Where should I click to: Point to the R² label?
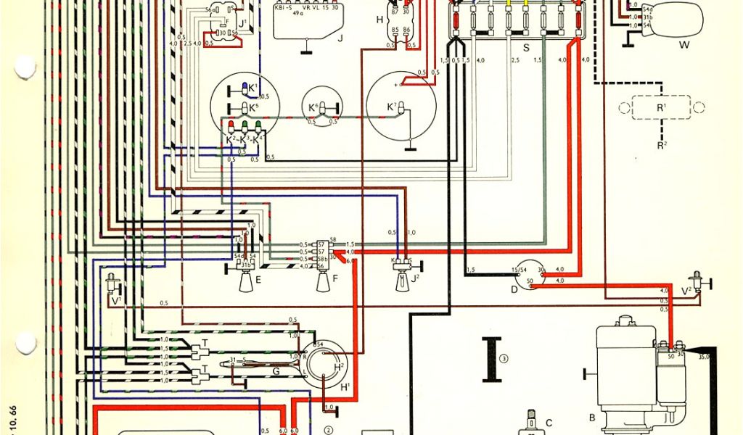tap(662, 145)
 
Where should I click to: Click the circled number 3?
tap(505, 355)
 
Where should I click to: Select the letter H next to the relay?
tap(379, 20)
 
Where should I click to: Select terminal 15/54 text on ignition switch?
tap(520, 270)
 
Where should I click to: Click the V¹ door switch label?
tap(116, 300)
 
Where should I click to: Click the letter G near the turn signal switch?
tap(276, 372)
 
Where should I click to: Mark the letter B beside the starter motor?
tap(592, 417)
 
